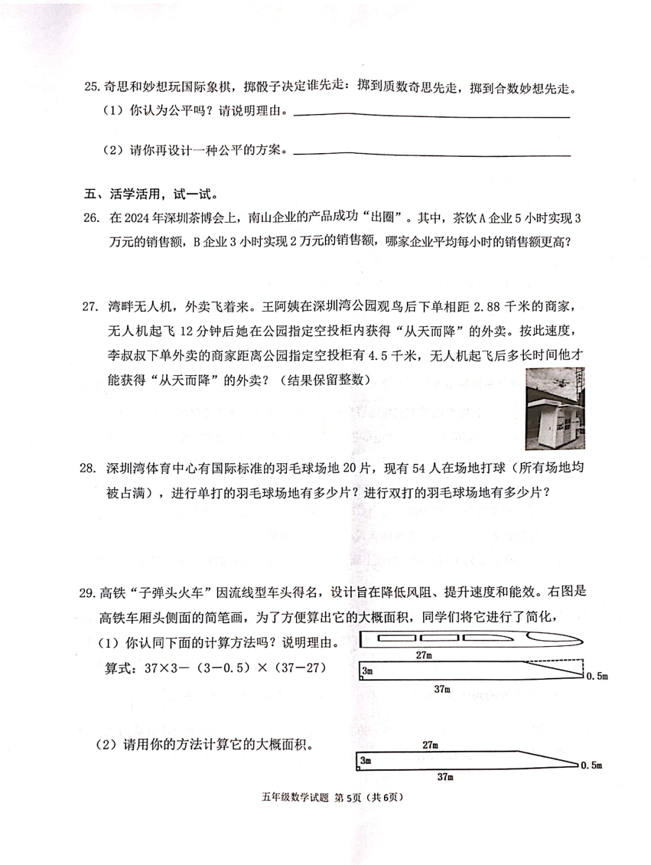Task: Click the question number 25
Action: click(92, 87)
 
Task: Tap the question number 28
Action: click(87, 468)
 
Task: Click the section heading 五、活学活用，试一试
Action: click(150, 194)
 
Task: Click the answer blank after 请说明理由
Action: click(431, 114)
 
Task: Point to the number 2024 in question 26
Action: click(138, 218)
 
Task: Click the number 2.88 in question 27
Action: click(486, 306)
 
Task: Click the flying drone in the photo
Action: click(558, 382)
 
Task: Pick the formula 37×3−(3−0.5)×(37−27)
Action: click(215, 668)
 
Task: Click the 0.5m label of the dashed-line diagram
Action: click(597, 676)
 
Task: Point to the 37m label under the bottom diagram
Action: click(445, 777)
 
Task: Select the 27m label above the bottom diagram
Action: click(430, 745)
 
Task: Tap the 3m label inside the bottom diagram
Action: click(366, 761)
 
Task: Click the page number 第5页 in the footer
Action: click(347, 797)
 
